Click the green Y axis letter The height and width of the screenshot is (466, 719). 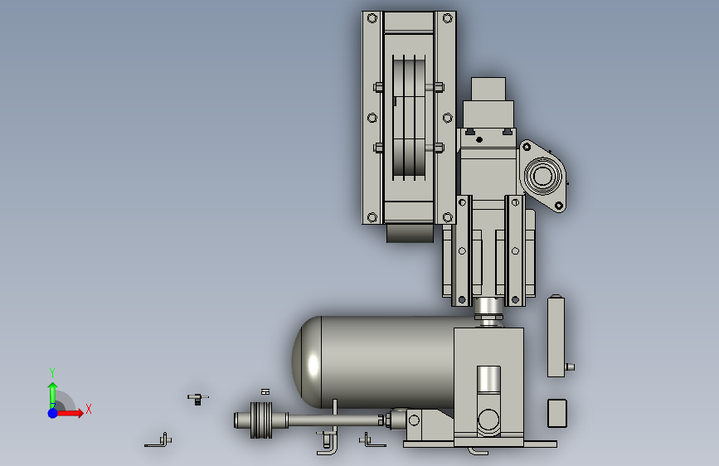tap(52, 372)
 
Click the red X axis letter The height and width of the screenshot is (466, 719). tap(89, 409)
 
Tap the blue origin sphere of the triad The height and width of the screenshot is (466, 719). tap(53, 413)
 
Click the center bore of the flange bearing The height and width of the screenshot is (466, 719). tap(542, 176)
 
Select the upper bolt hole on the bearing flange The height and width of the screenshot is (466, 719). tap(527, 147)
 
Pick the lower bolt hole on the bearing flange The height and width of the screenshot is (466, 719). tap(559, 206)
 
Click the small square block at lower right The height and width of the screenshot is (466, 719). tap(557, 413)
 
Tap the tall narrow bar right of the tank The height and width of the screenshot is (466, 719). tap(556, 337)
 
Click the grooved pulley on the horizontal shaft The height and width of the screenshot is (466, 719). tap(261, 420)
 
